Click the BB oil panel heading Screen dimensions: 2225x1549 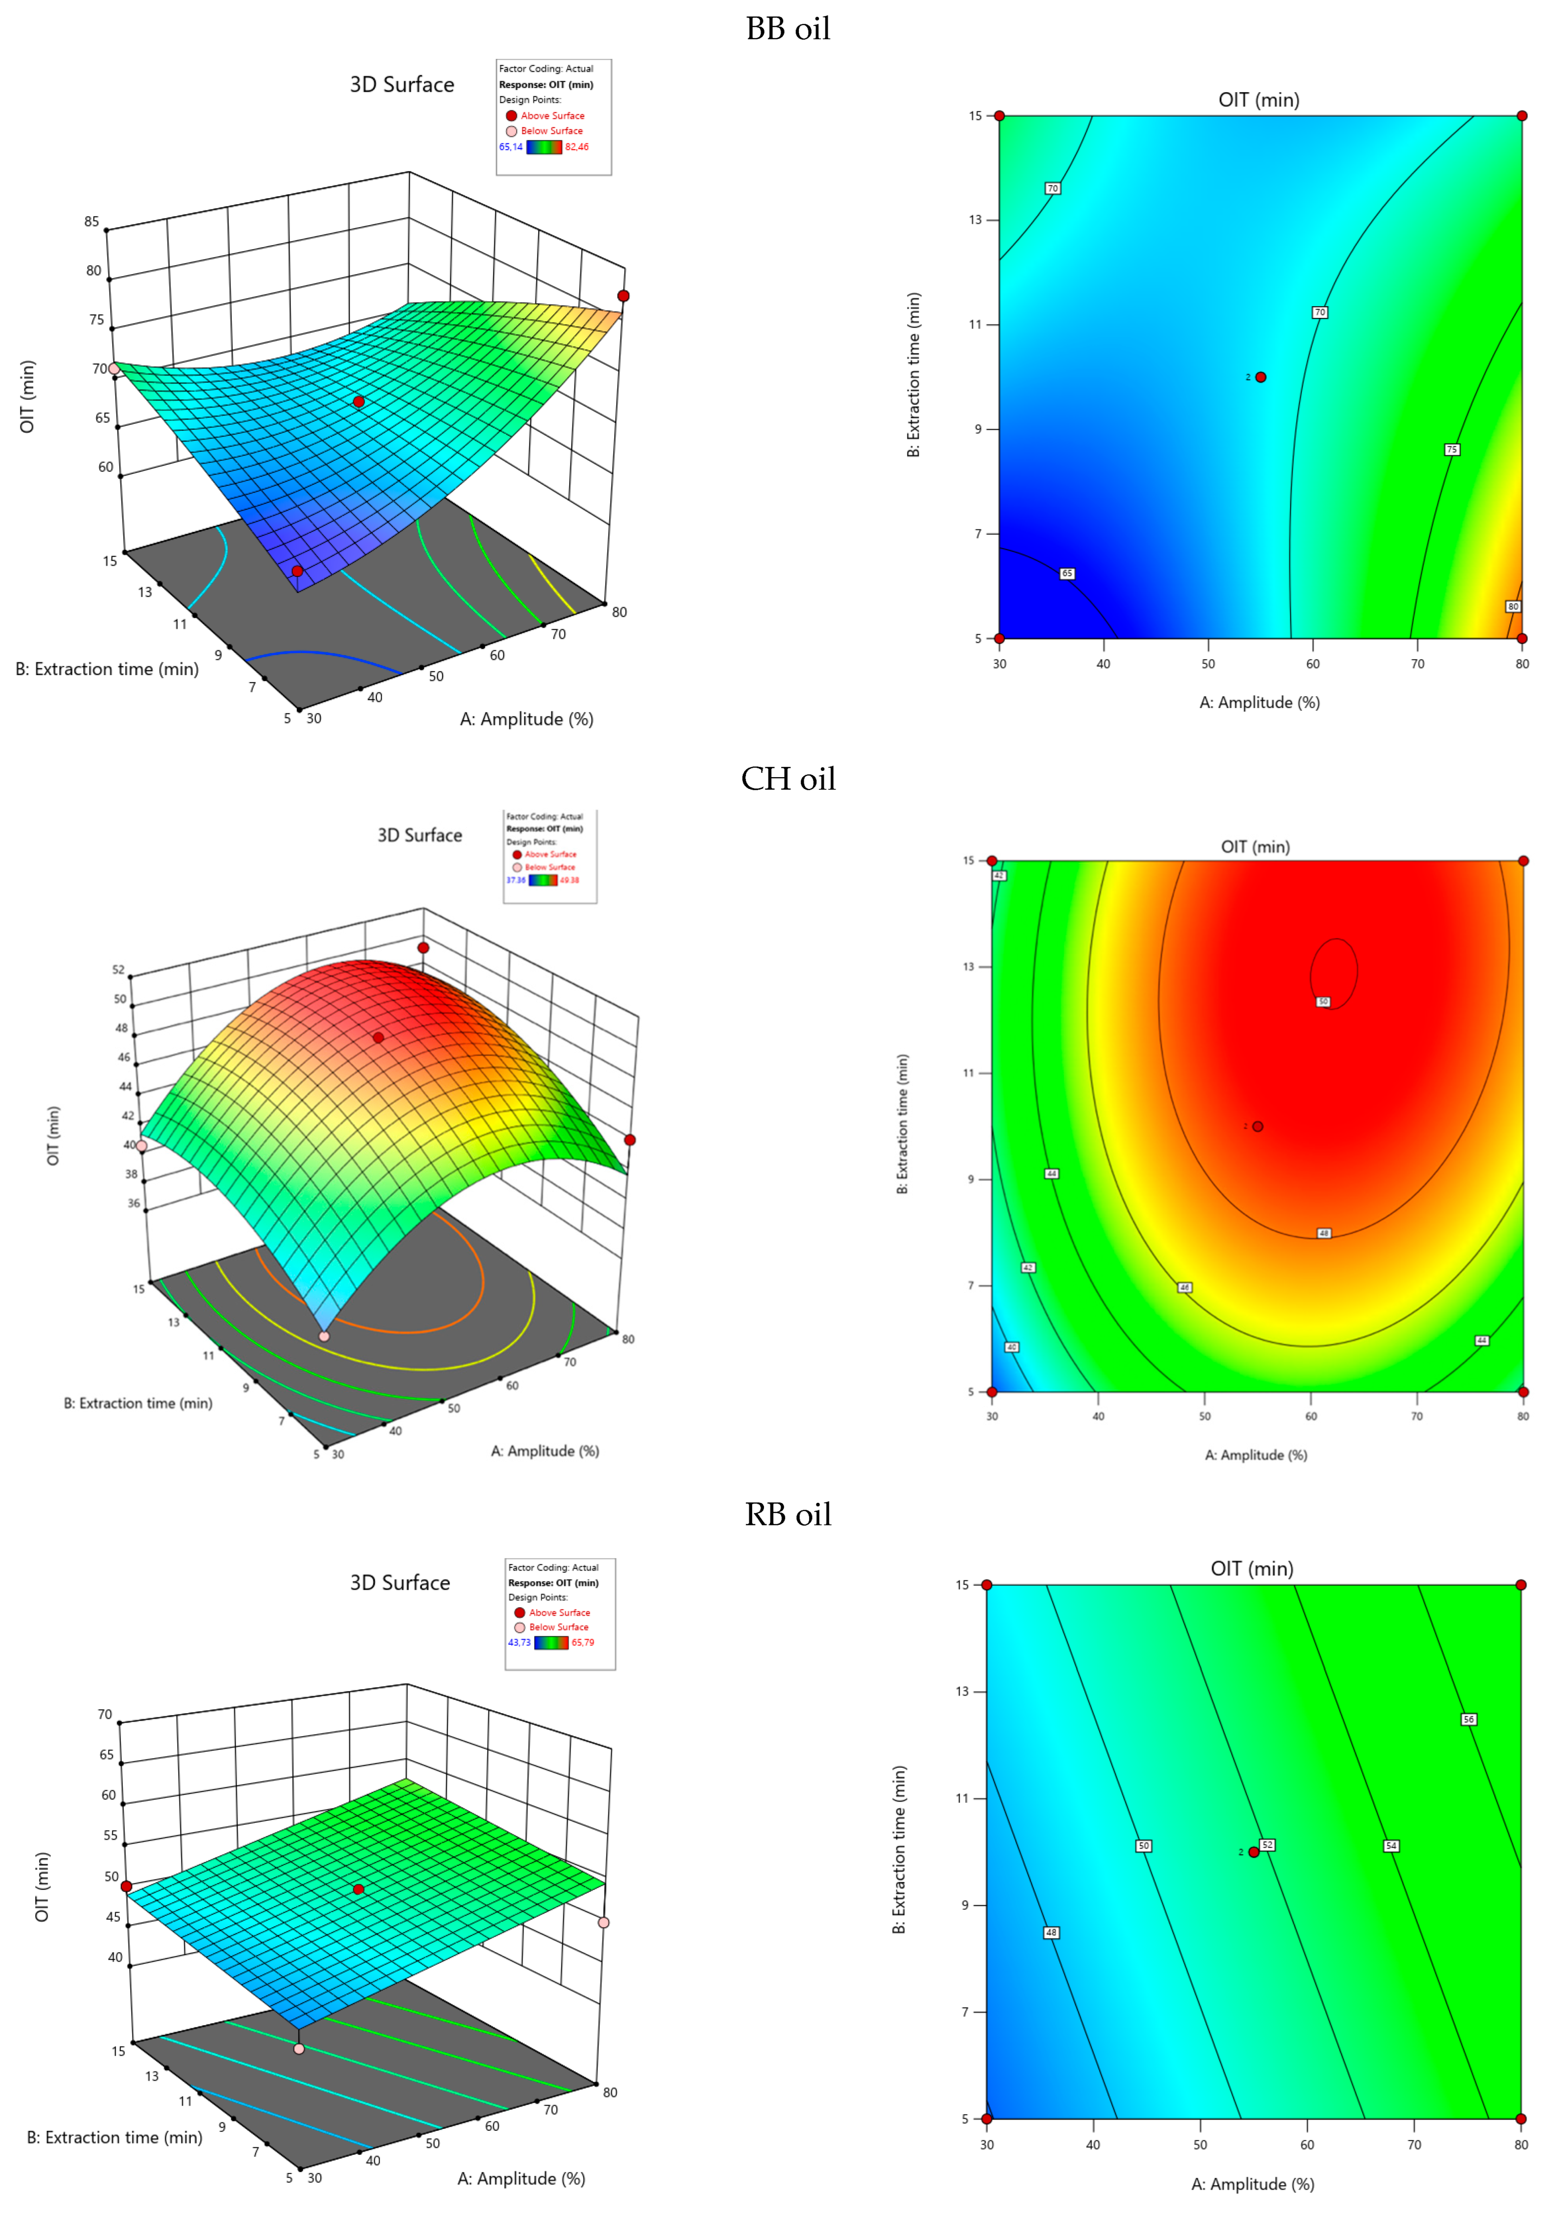click(787, 29)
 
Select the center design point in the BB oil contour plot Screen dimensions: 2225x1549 click(1260, 377)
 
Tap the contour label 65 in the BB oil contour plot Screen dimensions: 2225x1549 click(1066, 574)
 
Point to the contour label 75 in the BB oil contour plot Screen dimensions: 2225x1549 click(1451, 449)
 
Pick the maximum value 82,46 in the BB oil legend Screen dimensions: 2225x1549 click(577, 147)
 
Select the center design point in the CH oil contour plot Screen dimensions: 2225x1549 click(1257, 1126)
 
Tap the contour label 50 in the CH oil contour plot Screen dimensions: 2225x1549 click(1323, 1001)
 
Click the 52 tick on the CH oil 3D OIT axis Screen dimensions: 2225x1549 click(118, 969)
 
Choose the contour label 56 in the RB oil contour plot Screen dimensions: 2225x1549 click(1469, 1719)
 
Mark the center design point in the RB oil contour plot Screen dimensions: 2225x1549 click(1253, 1852)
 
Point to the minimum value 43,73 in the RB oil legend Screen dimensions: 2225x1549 click(519, 1643)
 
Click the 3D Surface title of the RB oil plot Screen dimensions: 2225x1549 click(399, 1582)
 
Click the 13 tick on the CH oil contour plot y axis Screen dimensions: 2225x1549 click(969, 966)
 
